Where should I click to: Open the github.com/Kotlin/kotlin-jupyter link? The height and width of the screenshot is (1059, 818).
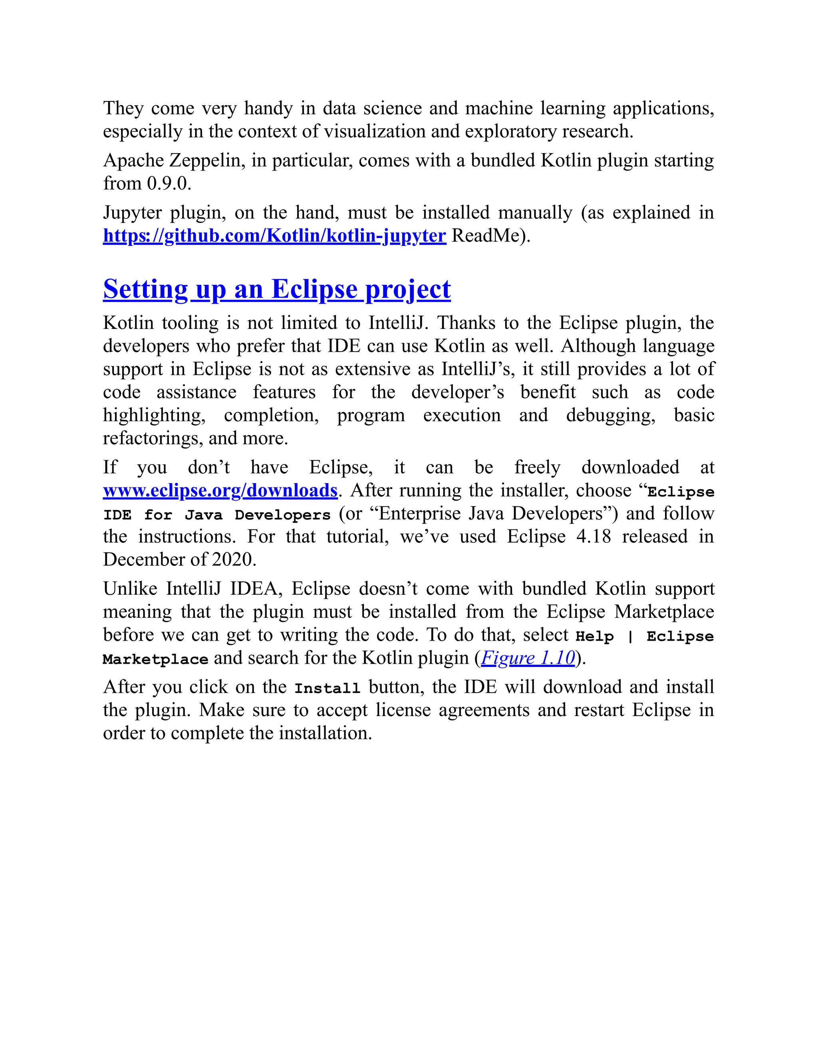click(274, 236)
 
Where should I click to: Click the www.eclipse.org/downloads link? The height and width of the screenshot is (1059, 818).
click(220, 490)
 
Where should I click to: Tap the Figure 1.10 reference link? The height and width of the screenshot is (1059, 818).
click(528, 658)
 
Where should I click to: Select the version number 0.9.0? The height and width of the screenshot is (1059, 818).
click(169, 184)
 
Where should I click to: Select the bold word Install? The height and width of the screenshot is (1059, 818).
click(327, 688)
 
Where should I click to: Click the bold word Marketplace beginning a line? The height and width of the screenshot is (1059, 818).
click(155, 659)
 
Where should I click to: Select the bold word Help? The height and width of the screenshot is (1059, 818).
click(594, 636)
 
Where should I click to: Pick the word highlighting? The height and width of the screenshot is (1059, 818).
click(153, 416)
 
